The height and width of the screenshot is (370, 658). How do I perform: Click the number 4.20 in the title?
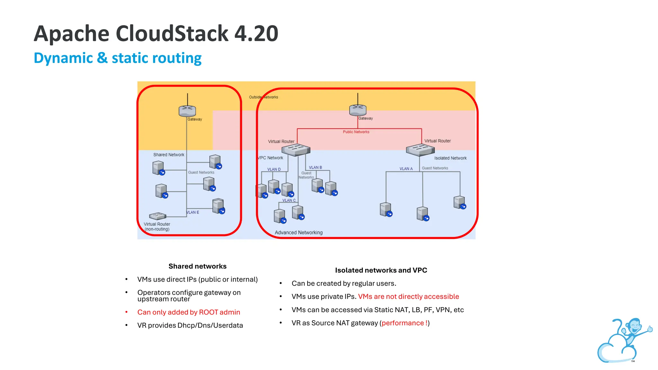[x=256, y=33]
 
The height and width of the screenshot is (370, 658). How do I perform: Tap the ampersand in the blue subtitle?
[x=102, y=58]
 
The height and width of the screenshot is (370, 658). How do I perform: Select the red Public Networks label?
[x=356, y=132]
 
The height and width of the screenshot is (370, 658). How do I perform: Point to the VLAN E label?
[x=193, y=212]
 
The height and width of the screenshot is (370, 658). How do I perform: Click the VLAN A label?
[x=406, y=169]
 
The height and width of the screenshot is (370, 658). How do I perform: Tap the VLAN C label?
[x=289, y=200]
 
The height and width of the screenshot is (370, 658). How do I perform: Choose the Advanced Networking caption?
[x=298, y=233]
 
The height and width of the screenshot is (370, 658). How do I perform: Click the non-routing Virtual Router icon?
[x=157, y=216]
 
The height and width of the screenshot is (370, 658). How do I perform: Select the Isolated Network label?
[x=450, y=158]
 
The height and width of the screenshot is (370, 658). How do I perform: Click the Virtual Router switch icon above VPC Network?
[x=296, y=150]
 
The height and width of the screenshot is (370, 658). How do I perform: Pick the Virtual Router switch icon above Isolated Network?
[x=420, y=150]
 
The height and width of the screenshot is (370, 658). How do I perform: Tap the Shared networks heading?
[x=197, y=266]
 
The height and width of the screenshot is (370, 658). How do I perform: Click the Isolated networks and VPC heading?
[x=381, y=270]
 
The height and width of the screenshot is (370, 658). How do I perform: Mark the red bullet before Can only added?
[x=127, y=312]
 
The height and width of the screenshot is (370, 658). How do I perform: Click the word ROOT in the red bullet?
[x=209, y=312]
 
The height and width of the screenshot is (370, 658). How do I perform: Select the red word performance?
[x=403, y=323]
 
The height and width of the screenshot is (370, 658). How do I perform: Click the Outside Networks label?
[x=263, y=97]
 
